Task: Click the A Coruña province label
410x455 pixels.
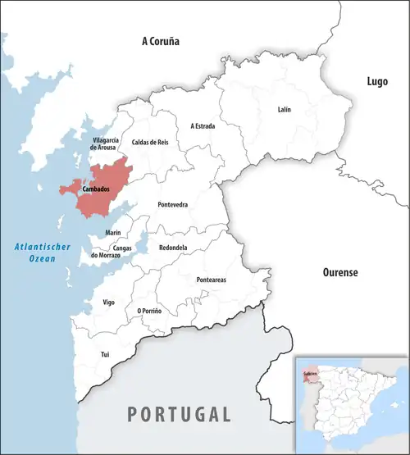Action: [x=160, y=40]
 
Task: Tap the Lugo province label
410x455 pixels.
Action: [x=376, y=80]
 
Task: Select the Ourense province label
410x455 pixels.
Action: [x=339, y=272]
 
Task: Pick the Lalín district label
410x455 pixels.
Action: [x=284, y=109]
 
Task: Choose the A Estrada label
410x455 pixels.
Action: [x=203, y=125]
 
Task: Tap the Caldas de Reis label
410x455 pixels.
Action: [x=150, y=143]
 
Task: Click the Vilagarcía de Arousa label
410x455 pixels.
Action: [x=106, y=144]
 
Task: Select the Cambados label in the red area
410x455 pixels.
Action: [x=96, y=189]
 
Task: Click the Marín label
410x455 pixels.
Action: [x=113, y=234]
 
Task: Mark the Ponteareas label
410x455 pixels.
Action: [x=212, y=280]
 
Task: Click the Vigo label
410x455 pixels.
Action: [x=108, y=302]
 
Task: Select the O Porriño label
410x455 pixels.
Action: [x=148, y=311]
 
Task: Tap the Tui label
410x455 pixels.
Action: [x=104, y=354]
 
